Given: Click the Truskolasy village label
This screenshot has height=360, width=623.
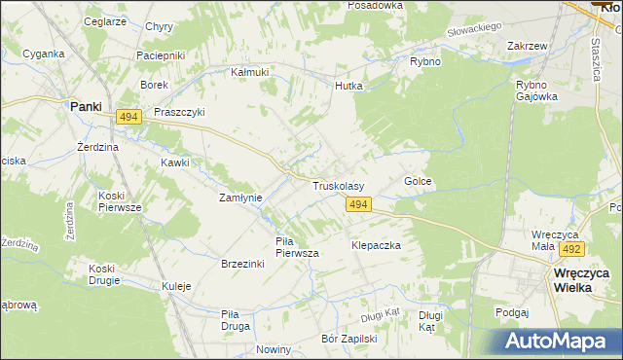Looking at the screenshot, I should point(338,185).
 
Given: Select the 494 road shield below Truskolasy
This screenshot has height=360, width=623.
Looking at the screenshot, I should point(358,204).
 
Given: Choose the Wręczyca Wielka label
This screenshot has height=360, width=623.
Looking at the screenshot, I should point(581,281).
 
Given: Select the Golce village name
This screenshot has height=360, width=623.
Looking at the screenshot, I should point(417,182).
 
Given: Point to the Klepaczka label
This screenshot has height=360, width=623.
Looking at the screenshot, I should point(377,246).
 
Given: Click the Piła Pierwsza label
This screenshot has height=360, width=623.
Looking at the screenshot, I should point(297,246).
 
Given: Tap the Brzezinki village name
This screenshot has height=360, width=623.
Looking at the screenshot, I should point(244,264).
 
